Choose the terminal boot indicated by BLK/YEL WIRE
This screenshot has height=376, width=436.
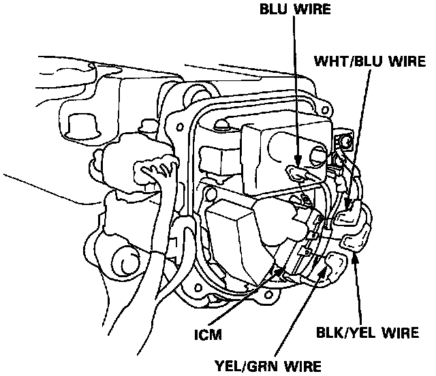[x=355, y=240]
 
